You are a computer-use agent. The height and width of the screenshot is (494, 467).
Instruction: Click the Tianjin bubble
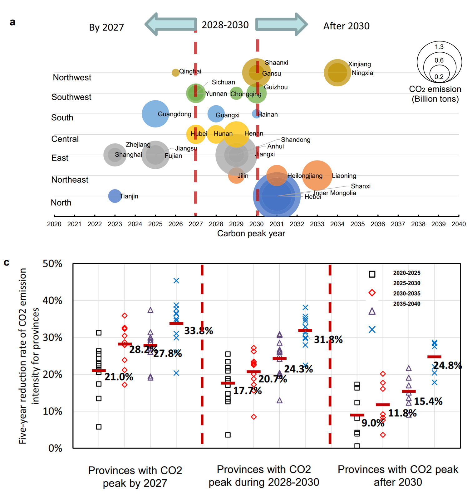(x=115, y=196)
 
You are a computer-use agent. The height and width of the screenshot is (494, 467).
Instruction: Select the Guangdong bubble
(x=155, y=114)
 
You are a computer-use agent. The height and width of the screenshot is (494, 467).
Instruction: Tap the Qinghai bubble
(x=175, y=73)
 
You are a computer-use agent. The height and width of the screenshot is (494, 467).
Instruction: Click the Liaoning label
(x=344, y=176)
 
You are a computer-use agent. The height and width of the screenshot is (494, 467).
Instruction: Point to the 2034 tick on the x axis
(x=337, y=216)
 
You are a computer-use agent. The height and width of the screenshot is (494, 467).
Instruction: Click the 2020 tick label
(x=54, y=224)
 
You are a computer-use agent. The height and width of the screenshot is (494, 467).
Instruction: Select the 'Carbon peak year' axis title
(x=251, y=233)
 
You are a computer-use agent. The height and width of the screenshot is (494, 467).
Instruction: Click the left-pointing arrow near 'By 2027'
(x=170, y=24)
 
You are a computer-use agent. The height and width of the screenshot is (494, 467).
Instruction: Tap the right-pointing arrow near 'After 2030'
(x=281, y=24)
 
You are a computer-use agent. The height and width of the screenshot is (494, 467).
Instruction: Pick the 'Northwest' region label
(x=72, y=77)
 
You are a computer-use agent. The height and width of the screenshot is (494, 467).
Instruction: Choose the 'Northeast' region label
(x=70, y=180)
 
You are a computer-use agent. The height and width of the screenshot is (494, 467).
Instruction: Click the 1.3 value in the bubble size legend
(x=439, y=47)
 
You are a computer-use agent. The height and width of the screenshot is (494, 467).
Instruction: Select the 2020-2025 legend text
(x=406, y=273)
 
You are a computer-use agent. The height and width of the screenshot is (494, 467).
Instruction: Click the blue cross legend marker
(x=372, y=329)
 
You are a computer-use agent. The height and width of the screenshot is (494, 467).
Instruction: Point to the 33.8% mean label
(x=199, y=331)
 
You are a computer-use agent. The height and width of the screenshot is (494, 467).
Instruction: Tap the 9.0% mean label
(x=373, y=423)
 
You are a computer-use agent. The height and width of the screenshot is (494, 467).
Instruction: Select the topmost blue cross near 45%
(x=176, y=281)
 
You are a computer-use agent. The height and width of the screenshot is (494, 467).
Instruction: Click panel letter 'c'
(x=7, y=262)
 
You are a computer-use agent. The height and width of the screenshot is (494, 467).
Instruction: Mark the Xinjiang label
(x=359, y=64)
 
